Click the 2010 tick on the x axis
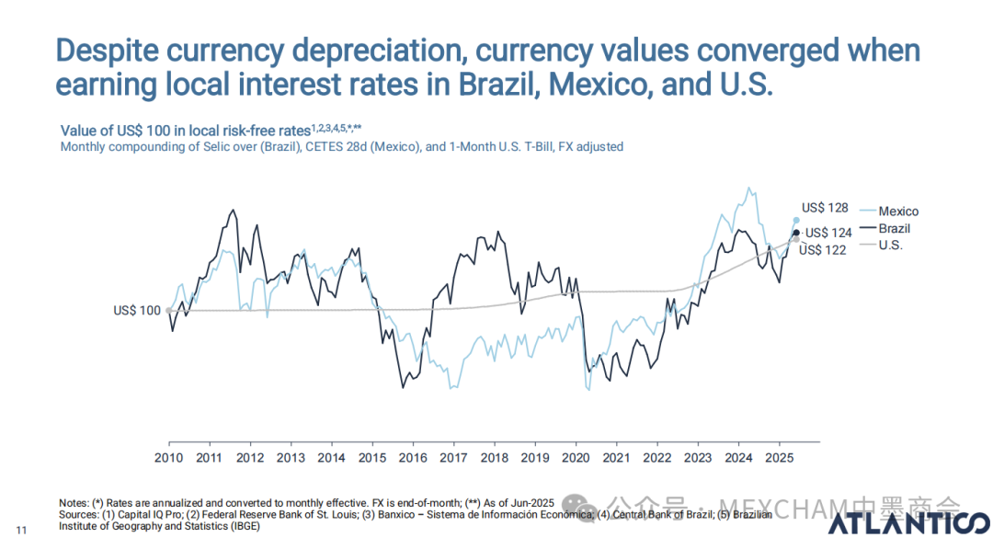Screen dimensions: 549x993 click(168, 457)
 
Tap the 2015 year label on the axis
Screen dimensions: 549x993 click(372, 457)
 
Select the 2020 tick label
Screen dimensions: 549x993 click(576, 457)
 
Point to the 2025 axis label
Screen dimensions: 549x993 click(779, 457)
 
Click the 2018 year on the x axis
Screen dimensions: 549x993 click(495, 457)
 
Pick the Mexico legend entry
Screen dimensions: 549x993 click(897, 212)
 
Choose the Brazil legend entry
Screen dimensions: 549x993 click(894, 229)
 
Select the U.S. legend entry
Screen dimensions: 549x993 click(891, 246)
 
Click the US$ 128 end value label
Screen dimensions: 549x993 click(825, 208)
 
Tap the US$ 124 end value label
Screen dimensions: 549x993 click(828, 233)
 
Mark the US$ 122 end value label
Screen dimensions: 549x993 click(822, 249)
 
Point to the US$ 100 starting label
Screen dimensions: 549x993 click(138, 311)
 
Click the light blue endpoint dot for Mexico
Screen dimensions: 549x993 click(796, 220)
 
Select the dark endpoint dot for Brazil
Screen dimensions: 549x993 click(796, 232)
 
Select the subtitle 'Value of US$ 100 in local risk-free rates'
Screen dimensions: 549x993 click(184, 131)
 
